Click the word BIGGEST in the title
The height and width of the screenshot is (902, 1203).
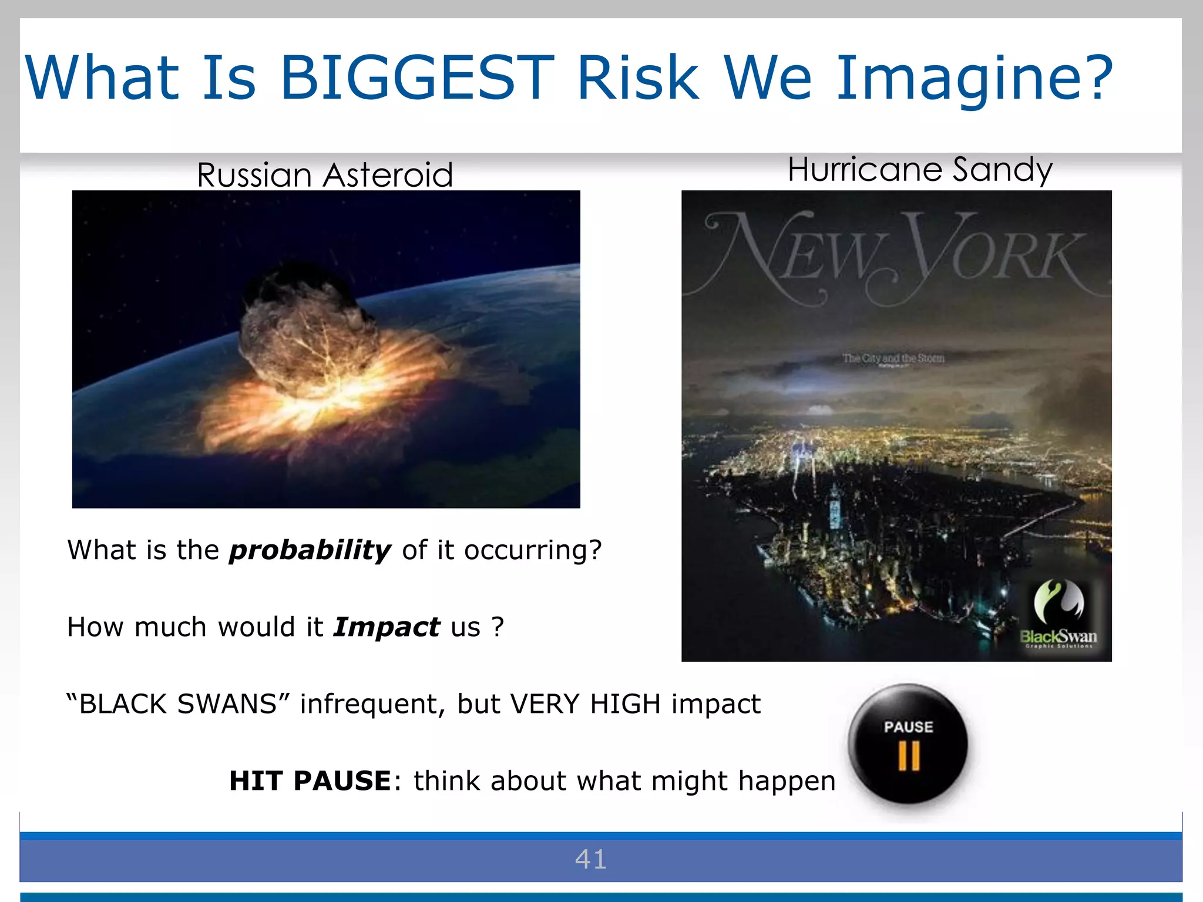click(x=417, y=78)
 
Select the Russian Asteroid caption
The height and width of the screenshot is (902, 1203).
click(x=325, y=175)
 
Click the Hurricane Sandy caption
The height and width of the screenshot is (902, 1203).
click(x=920, y=170)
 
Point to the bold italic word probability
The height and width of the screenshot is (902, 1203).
click(x=310, y=550)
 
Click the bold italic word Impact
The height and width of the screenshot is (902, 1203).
click(x=387, y=627)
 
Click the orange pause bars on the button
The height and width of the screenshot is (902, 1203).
click(x=909, y=756)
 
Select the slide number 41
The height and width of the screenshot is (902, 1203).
click(x=591, y=859)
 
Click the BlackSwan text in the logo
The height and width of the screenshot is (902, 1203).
click(x=1058, y=637)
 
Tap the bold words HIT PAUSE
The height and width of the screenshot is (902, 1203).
click(x=310, y=781)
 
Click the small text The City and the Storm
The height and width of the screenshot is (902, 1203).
click(x=893, y=358)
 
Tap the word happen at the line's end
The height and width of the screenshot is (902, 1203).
click(x=787, y=781)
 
